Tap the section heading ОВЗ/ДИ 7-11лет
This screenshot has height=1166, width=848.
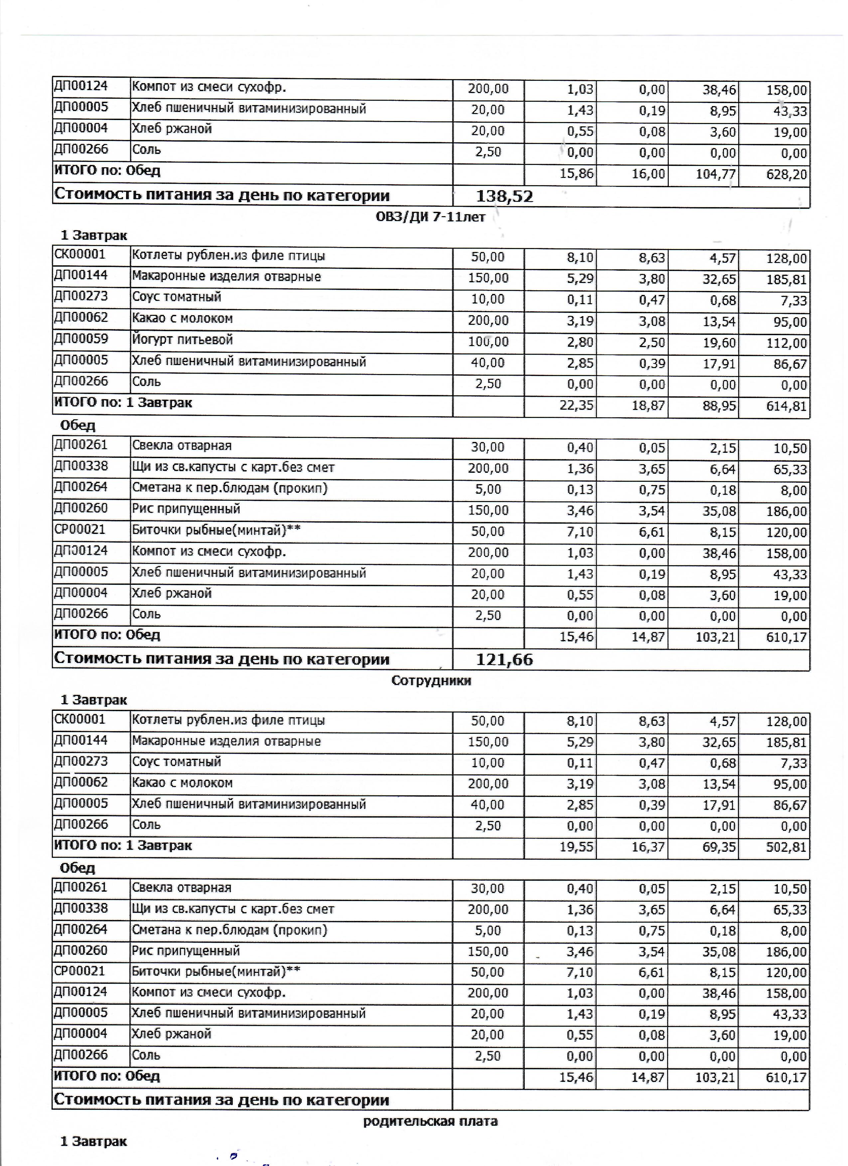(x=431, y=217)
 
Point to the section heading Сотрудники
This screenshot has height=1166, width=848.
(x=431, y=681)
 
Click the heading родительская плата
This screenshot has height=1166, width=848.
(x=430, y=1121)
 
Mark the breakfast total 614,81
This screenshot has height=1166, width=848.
(x=786, y=406)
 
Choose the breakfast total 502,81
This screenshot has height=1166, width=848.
(x=786, y=847)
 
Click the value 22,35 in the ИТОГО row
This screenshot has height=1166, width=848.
(x=577, y=406)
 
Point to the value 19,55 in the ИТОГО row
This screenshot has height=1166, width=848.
(x=577, y=847)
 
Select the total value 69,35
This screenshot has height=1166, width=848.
(x=719, y=847)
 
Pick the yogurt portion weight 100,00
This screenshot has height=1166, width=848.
(x=488, y=342)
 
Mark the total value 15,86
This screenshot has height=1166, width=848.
(x=577, y=174)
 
